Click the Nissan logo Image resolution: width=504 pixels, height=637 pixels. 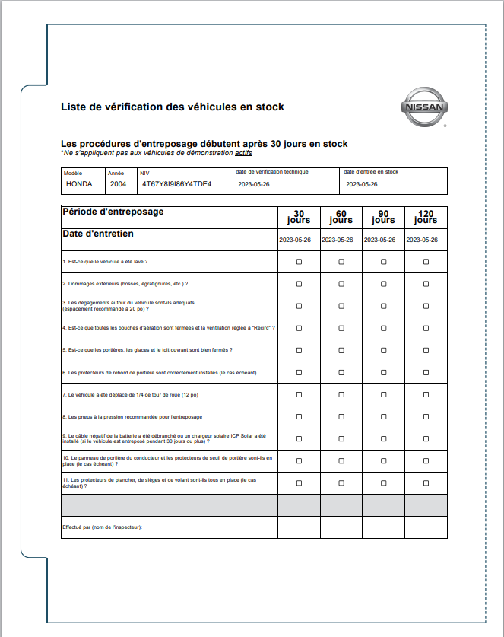click(x=425, y=107)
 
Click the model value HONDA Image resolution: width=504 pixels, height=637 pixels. click(x=79, y=184)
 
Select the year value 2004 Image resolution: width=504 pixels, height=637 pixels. click(x=118, y=184)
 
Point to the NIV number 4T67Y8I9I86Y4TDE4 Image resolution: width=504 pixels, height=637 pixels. click(x=176, y=184)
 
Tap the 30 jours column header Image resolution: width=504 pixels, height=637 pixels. click(x=299, y=217)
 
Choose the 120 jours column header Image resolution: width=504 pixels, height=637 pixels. click(x=426, y=217)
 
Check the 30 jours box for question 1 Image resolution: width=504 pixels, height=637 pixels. click(x=299, y=262)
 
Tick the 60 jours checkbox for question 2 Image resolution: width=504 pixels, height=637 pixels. click(x=341, y=284)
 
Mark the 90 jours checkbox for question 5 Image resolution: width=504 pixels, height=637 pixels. click(x=383, y=350)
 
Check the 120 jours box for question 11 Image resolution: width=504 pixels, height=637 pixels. click(x=426, y=483)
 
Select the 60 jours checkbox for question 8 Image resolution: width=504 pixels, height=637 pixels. click(x=341, y=416)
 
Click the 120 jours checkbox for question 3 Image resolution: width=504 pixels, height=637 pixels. click(x=426, y=306)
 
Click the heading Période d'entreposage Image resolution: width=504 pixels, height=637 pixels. click(x=113, y=212)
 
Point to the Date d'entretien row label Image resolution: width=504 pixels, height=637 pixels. click(x=98, y=234)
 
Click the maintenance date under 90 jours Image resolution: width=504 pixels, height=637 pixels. click(x=383, y=240)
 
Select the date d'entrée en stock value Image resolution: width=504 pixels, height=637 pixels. click(x=361, y=184)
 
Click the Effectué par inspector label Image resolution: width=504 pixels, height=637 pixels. click(x=103, y=527)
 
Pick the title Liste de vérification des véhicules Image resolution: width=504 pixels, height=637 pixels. click(x=173, y=107)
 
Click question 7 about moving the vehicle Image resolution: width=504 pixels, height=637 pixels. click(x=130, y=394)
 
